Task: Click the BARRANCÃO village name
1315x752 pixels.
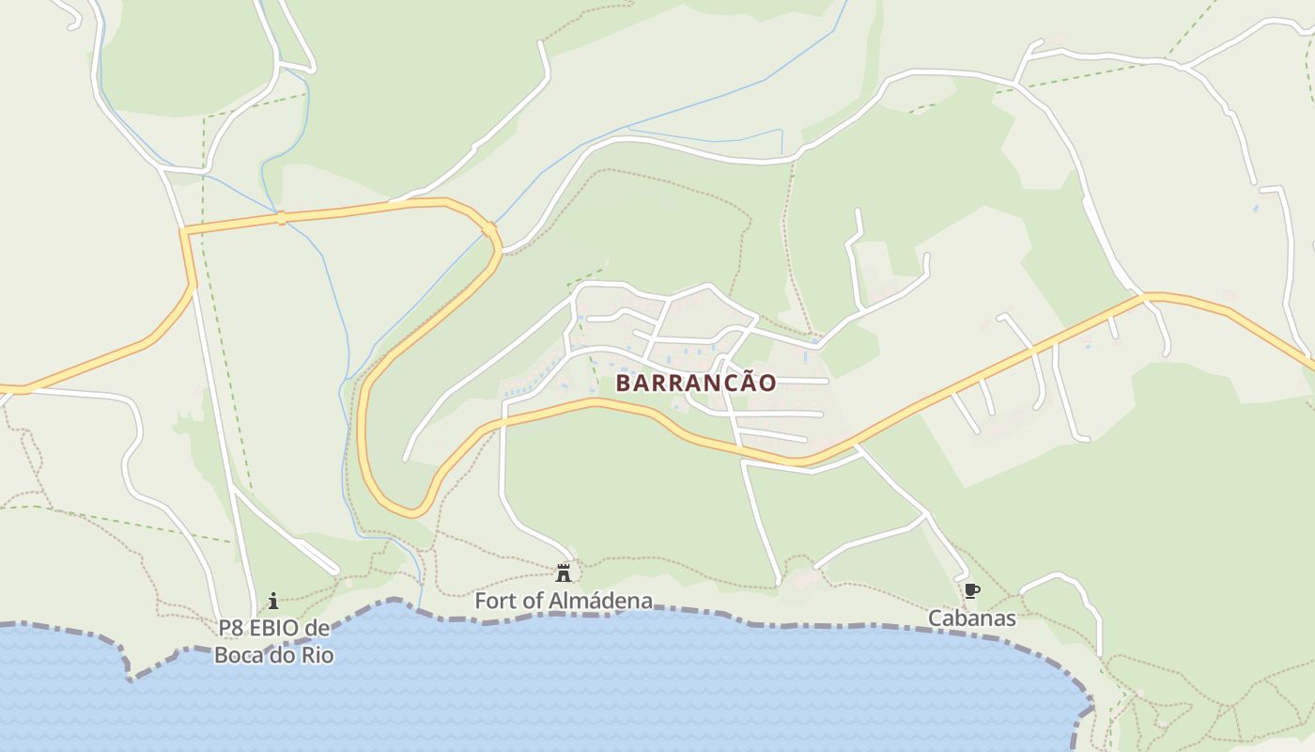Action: (x=696, y=383)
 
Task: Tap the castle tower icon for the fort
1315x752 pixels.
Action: (x=564, y=572)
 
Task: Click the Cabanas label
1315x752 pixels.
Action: (x=972, y=618)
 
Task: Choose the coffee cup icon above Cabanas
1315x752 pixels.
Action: (x=972, y=591)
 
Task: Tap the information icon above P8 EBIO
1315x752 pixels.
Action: (x=273, y=600)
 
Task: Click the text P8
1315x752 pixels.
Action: (x=231, y=629)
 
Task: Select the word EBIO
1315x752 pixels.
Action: (x=276, y=629)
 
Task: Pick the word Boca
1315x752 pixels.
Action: (x=239, y=654)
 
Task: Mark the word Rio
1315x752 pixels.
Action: (x=317, y=654)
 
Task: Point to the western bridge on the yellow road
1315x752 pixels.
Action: (x=280, y=218)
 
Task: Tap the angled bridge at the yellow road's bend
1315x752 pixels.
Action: (x=489, y=228)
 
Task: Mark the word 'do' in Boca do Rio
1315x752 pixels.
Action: (x=281, y=654)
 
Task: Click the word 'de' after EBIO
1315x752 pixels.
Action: (x=318, y=629)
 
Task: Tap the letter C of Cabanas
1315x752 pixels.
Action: (x=936, y=618)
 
